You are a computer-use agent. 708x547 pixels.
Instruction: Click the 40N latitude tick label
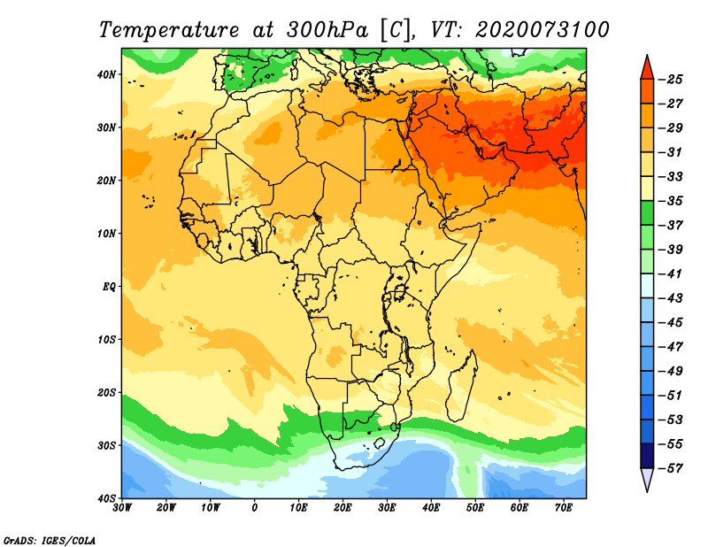[x=106, y=74]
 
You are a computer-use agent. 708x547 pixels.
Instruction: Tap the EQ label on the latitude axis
[x=109, y=287]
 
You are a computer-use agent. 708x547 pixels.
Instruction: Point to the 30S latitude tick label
[x=106, y=445]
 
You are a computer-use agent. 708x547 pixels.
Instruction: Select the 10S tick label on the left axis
[x=106, y=340]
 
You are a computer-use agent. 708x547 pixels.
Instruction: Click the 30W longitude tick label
[x=122, y=508]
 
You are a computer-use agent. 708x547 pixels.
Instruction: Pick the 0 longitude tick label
[x=255, y=508]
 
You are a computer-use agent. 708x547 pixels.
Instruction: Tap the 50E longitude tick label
[x=475, y=508]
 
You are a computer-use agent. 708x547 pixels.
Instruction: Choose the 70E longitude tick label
[x=564, y=508]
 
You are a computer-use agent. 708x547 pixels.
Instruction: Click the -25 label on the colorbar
[x=671, y=80]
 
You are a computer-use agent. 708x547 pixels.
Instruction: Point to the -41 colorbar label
[x=671, y=273]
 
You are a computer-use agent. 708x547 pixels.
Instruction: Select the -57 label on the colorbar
[x=671, y=468]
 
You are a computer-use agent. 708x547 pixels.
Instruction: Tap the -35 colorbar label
[x=671, y=201]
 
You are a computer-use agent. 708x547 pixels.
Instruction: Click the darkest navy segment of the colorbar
[x=647, y=456]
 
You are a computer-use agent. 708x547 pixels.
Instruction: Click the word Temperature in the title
[x=168, y=30]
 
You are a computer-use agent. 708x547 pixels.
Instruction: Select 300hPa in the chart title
[x=327, y=30]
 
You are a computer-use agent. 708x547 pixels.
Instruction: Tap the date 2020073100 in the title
[x=543, y=30]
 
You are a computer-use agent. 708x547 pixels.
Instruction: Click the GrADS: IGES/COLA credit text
[x=50, y=541]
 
